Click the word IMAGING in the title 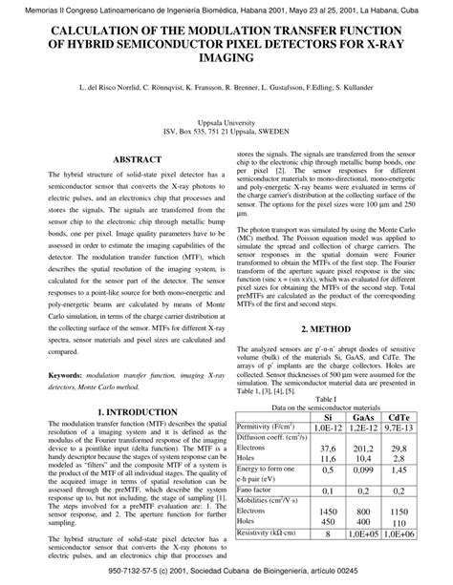(x=226, y=58)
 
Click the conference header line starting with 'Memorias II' (x=226, y=8)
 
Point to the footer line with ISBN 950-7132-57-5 (x=226, y=573)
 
